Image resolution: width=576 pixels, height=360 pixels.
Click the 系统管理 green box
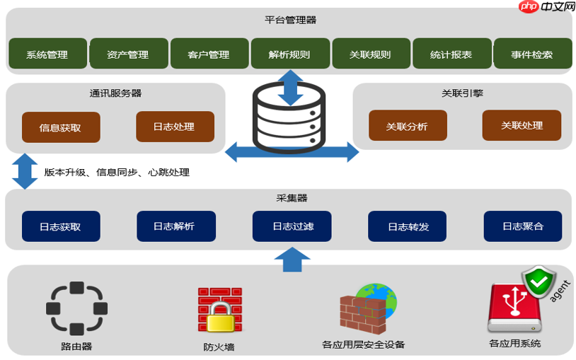pyautogui.click(x=47, y=54)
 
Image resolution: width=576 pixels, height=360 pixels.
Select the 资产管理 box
pyautogui.click(x=129, y=54)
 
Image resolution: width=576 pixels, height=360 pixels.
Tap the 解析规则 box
pyautogui.click(x=290, y=54)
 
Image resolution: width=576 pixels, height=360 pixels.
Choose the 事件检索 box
pyautogui.click(x=532, y=54)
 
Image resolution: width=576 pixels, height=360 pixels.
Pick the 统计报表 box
pyautogui.click(x=451, y=54)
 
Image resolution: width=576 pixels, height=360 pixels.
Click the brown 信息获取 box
pyautogui.click(x=61, y=127)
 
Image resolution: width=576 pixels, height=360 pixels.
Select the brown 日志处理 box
pyautogui.click(x=175, y=127)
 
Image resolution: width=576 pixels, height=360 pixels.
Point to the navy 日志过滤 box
pyautogui.click(x=292, y=226)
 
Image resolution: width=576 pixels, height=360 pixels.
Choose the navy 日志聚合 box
pyautogui.click(x=523, y=226)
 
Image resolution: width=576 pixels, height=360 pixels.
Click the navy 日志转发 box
pyautogui.click(x=408, y=226)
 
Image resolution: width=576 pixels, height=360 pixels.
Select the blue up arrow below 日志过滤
pyautogui.click(x=292, y=259)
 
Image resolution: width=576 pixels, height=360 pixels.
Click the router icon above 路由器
pyautogui.click(x=76, y=308)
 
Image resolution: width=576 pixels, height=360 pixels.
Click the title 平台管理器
pyautogui.click(x=290, y=20)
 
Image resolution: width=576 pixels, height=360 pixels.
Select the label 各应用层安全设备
pyautogui.click(x=363, y=344)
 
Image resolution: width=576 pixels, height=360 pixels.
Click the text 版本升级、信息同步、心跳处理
pyautogui.click(x=117, y=172)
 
